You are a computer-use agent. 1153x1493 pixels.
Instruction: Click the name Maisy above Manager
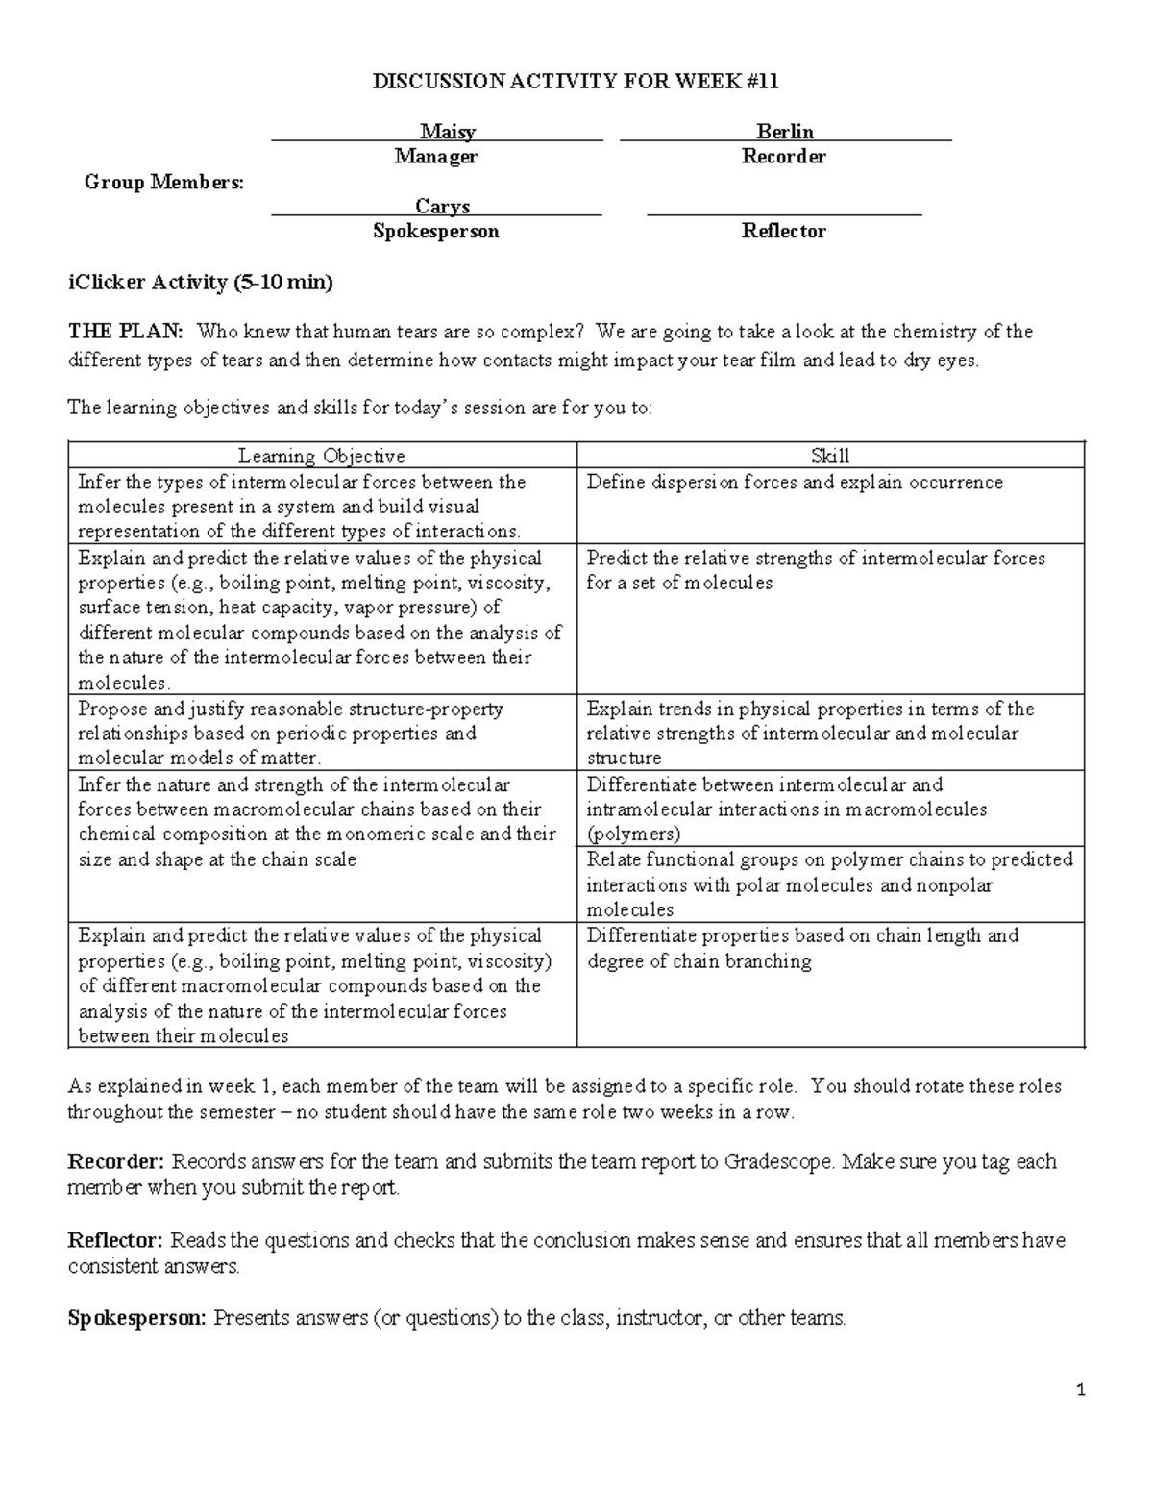pos(447,132)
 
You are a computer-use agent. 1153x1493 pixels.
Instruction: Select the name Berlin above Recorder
pos(785,132)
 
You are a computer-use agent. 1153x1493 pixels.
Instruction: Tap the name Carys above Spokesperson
pos(442,207)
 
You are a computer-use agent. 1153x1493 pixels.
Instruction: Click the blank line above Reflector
pos(784,210)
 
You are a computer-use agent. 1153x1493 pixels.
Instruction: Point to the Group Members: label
pos(164,182)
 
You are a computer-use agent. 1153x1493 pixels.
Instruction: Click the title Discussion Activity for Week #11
pos(576,82)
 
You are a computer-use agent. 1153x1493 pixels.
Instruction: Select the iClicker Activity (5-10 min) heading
pos(200,283)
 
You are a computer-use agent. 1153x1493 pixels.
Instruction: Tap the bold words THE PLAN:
pos(125,333)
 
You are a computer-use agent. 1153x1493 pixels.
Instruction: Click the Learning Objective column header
pos(322,457)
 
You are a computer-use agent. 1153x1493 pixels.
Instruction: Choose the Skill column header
pos(830,457)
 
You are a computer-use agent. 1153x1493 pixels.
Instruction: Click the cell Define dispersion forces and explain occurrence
pos(795,483)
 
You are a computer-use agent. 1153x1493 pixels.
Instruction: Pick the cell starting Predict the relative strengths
pos(816,570)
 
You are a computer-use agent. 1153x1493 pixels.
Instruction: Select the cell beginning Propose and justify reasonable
pos(290,734)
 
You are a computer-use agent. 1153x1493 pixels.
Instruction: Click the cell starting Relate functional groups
pos(829,884)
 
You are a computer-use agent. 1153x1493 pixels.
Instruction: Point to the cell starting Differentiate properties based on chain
pos(802,948)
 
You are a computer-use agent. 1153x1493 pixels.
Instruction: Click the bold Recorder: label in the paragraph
pos(116,1162)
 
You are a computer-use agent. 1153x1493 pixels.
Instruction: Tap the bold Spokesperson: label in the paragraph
pos(136,1318)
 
